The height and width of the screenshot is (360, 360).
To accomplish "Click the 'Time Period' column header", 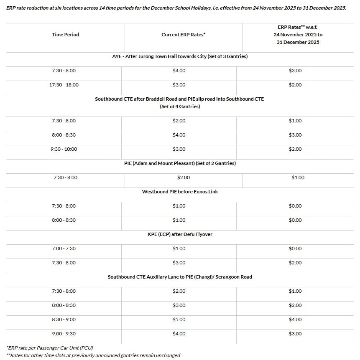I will pyautogui.click(x=65, y=35).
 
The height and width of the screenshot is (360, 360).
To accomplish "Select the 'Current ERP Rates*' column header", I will pyautogui.click(x=183, y=35).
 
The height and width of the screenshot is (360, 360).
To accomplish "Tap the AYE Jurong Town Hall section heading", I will pyautogui.click(x=180, y=56).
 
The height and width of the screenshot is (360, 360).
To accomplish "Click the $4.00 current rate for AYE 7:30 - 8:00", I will pyautogui.click(x=179, y=71).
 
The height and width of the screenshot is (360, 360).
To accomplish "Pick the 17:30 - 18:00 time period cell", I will pyautogui.click(x=64, y=85).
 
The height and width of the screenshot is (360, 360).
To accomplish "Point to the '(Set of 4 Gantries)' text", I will pyautogui.click(x=180, y=106).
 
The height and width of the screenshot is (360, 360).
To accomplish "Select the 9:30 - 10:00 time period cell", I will pyautogui.click(x=64, y=149).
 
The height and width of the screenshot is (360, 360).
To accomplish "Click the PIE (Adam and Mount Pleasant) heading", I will pyautogui.click(x=180, y=163).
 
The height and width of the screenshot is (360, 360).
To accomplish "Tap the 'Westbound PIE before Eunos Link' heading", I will pyautogui.click(x=180, y=192).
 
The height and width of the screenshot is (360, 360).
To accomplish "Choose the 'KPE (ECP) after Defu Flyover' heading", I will pyautogui.click(x=180, y=234).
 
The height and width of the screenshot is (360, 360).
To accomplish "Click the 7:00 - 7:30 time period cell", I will pyautogui.click(x=64, y=248).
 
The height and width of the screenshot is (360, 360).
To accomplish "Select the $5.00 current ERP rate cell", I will pyautogui.click(x=179, y=319).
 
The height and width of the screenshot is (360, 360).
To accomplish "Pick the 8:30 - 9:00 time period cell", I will pyautogui.click(x=64, y=319).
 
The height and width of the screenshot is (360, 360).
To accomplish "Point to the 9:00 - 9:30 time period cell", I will pyautogui.click(x=64, y=334).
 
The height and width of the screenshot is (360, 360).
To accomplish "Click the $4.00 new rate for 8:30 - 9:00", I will pyautogui.click(x=295, y=319).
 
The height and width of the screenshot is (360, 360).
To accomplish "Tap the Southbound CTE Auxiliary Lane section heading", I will pyautogui.click(x=180, y=277).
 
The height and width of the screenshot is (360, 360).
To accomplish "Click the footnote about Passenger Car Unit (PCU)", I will pyautogui.click(x=50, y=347).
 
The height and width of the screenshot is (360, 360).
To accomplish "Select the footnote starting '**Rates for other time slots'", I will pyautogui.click(x=93, y=355).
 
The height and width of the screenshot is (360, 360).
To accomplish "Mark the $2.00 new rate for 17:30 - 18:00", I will pyautogui.click(x=295, y=85).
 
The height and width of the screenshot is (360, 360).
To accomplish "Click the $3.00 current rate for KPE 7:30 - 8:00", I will pyautogui.click(x=179, y=263).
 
